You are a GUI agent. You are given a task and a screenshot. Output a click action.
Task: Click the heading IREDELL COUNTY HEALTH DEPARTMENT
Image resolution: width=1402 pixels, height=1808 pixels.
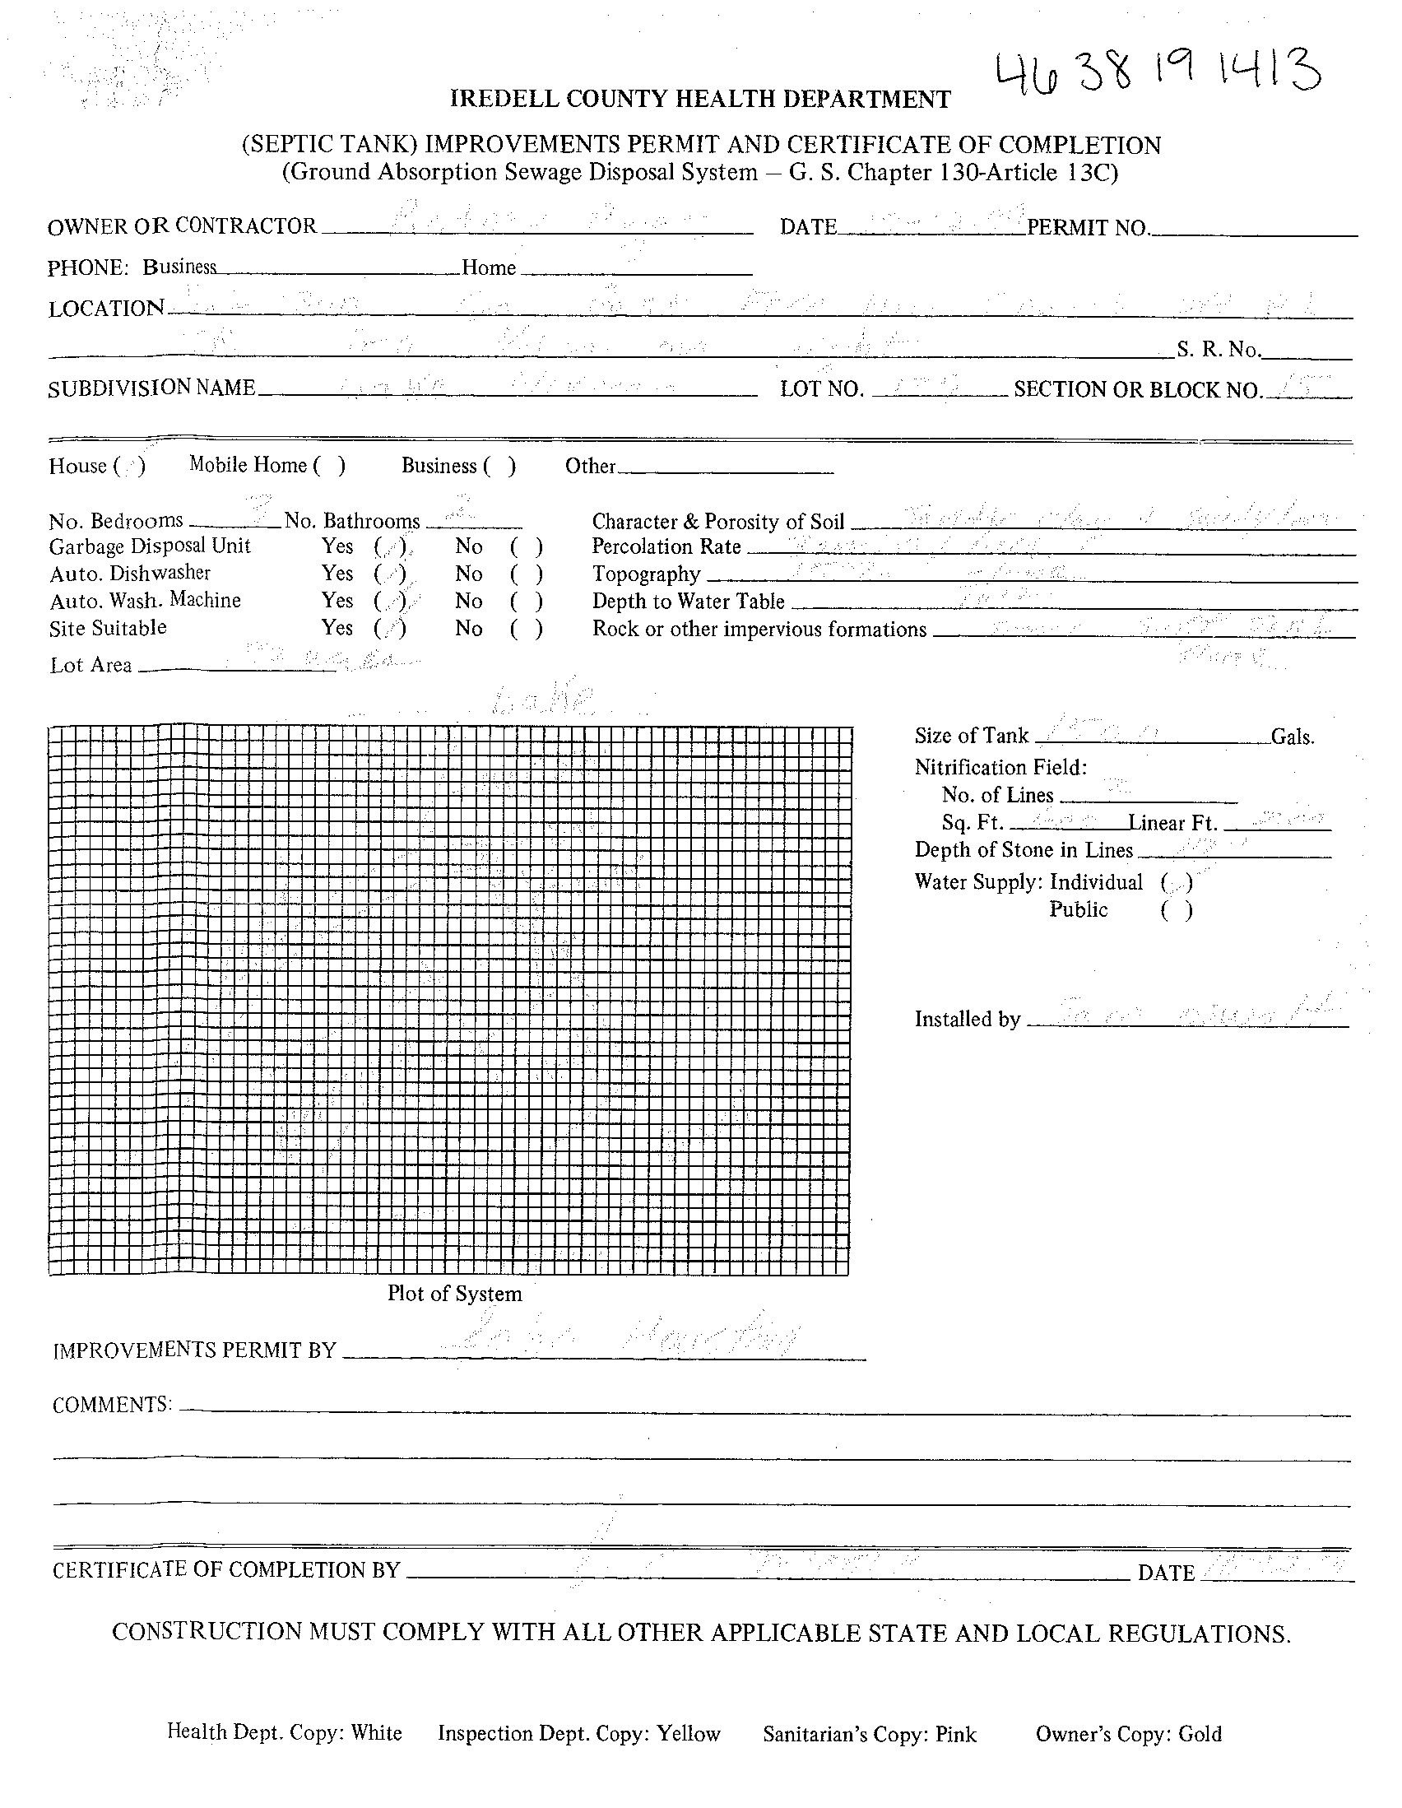[x=700, y=100]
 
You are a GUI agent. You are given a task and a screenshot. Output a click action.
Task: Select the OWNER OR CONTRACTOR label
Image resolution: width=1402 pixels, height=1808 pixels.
[x=182, y=226]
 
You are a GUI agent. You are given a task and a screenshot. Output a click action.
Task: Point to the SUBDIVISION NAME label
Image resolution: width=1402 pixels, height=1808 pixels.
[x=151, y=388]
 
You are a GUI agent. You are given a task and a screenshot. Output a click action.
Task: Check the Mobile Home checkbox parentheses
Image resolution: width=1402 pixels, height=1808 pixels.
[x=328, y=465]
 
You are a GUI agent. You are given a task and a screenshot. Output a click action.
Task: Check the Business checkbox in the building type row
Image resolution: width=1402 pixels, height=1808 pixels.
[x=500, y=466]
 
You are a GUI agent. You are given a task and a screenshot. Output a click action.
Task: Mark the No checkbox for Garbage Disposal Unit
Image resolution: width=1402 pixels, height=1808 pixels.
[x=527, y=546]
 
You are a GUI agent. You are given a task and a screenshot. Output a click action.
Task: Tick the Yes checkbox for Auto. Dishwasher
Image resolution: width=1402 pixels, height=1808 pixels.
[x=389, y=574]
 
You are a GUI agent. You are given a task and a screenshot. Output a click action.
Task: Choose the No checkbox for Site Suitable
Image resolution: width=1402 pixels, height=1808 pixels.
[x=527, y=630]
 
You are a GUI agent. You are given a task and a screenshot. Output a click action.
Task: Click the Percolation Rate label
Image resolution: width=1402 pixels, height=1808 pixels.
[x=666, y=546]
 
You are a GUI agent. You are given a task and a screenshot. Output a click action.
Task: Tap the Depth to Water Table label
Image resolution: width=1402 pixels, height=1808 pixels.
[x=688, y=602]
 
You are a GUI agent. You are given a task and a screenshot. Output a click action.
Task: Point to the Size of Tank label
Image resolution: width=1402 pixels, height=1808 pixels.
[x=971, y=735]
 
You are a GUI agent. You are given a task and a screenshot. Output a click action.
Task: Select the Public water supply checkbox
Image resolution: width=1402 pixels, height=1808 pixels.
[x=1176, y=911]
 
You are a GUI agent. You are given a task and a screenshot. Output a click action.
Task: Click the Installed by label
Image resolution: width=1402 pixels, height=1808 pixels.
[x=967, y=1019]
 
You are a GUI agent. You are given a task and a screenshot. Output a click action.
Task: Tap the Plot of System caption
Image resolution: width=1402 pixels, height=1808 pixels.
[x=454, y=1293]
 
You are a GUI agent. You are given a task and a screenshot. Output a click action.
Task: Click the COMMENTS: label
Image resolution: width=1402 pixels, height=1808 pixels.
[x=112, y=1405]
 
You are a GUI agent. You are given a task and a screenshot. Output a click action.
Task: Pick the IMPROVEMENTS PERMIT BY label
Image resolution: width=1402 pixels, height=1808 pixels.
[x=194, y=1350]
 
